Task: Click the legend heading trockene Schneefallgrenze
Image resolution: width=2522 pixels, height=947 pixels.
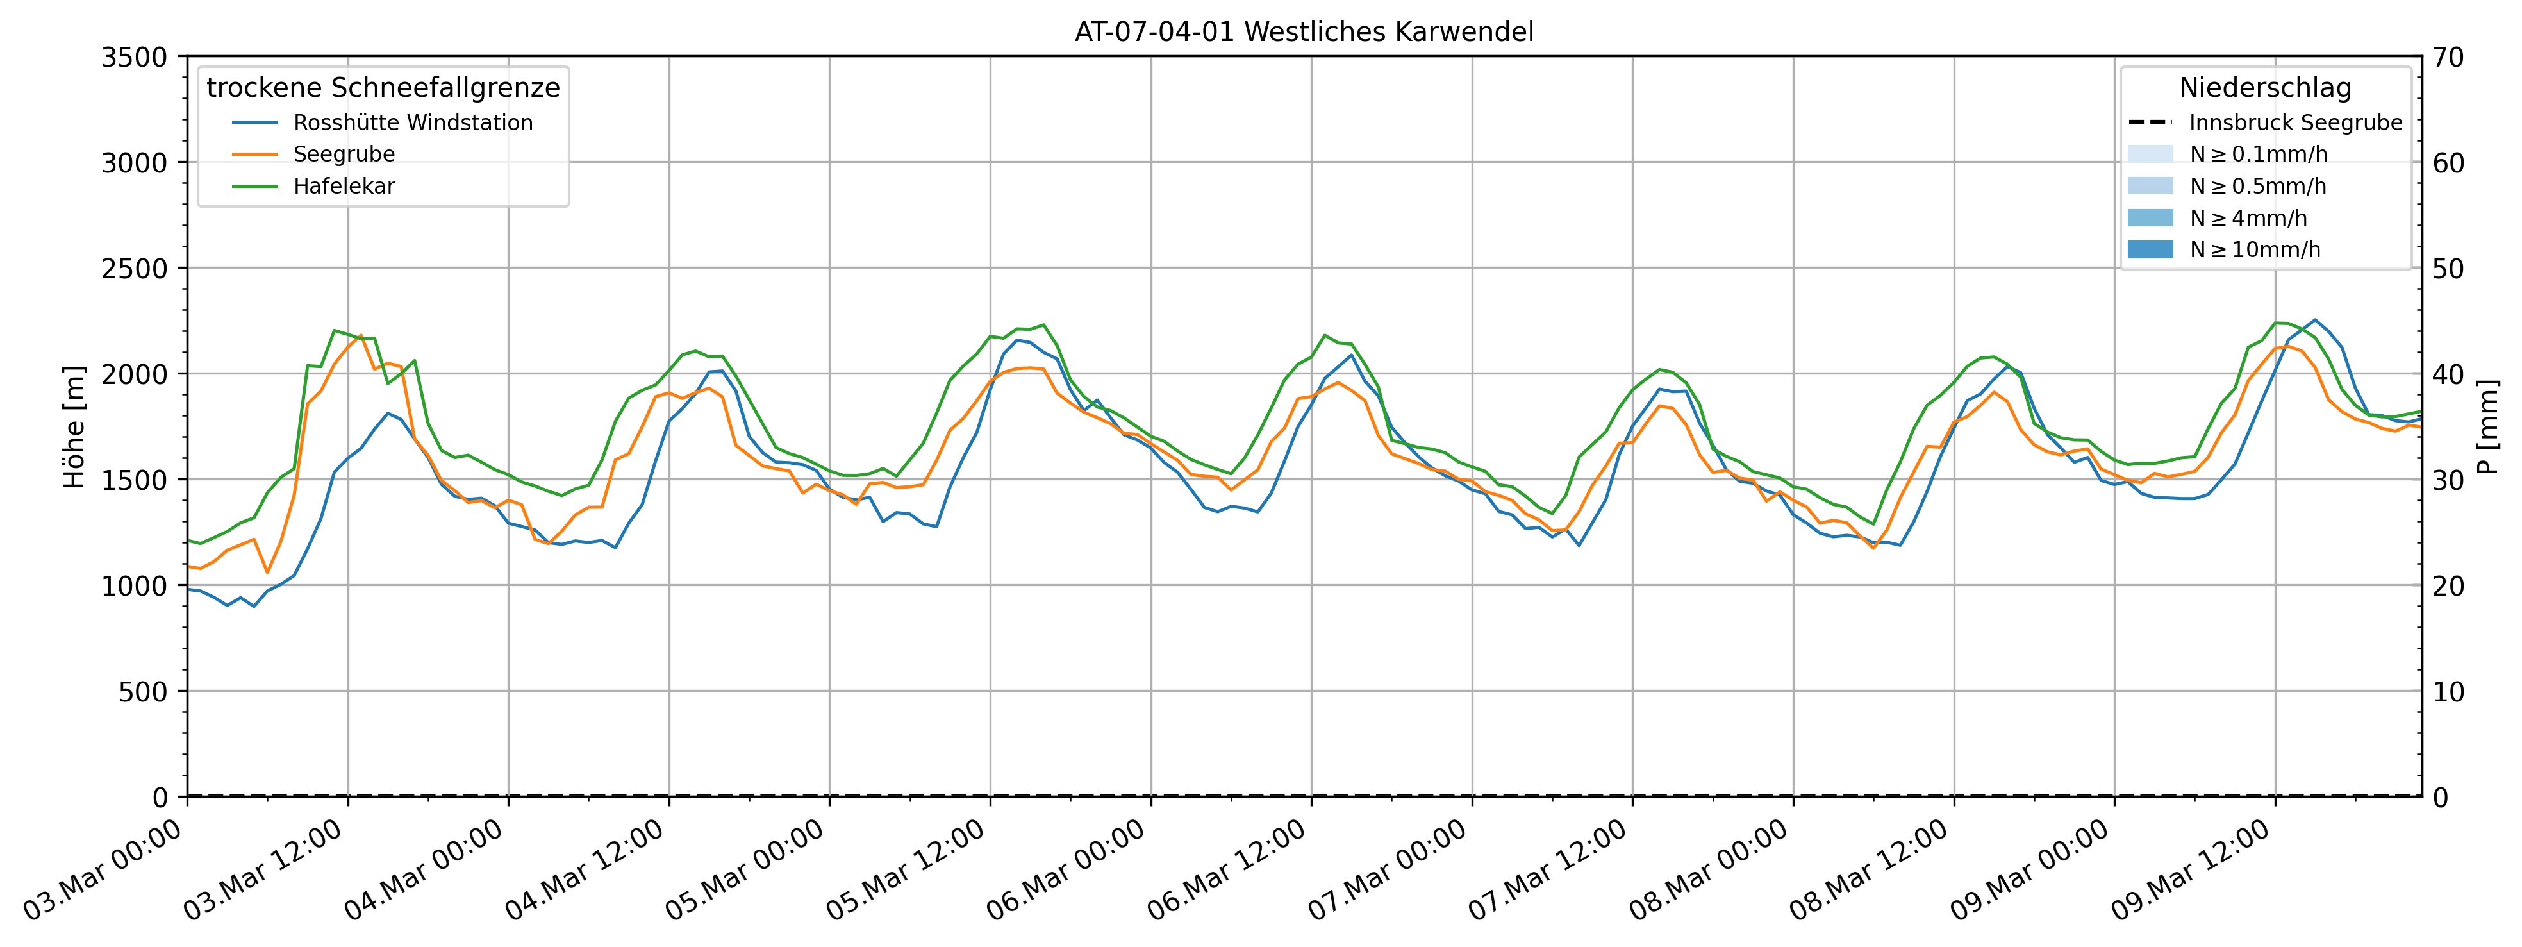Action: click(383, 88)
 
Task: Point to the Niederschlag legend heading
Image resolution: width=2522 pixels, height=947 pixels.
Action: click(2264, 88)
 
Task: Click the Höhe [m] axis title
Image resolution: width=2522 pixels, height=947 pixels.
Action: click(74, 427)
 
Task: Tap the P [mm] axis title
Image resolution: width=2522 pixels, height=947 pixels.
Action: click(2488, 427)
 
